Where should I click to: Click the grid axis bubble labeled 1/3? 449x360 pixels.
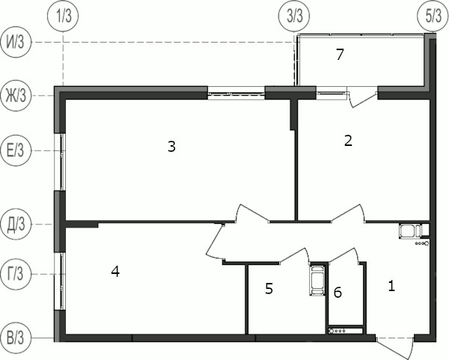coord(64,16)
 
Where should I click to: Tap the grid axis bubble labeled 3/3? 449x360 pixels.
coord(295,16)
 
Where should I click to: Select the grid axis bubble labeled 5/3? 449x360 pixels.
coord(433,16)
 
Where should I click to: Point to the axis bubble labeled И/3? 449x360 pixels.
coord(16,42)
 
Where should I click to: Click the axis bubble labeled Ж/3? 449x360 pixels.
coord(16,95)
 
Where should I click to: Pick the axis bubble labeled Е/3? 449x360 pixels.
coord(16,151)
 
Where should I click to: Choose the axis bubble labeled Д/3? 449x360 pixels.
coord(16,225)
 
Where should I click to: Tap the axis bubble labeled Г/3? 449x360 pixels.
coord(16,274)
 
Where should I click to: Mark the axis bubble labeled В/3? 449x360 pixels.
coord(16,338)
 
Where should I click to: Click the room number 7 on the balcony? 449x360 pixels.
coord(340,55)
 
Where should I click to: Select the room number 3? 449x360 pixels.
coord(171,147)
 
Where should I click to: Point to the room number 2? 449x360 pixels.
coord(348,141)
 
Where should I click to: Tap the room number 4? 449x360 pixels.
coord(115,271)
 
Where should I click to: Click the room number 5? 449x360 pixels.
coord(269,289)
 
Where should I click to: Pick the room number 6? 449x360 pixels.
coord(338,293)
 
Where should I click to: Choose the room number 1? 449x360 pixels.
coord(391,286)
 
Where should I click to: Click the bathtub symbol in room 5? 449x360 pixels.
coord(317,280)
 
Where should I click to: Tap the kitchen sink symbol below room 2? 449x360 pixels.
coord(410,231)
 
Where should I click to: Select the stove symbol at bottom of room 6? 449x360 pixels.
coord(346,331)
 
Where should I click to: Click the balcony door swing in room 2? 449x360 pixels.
coord(363,99)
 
